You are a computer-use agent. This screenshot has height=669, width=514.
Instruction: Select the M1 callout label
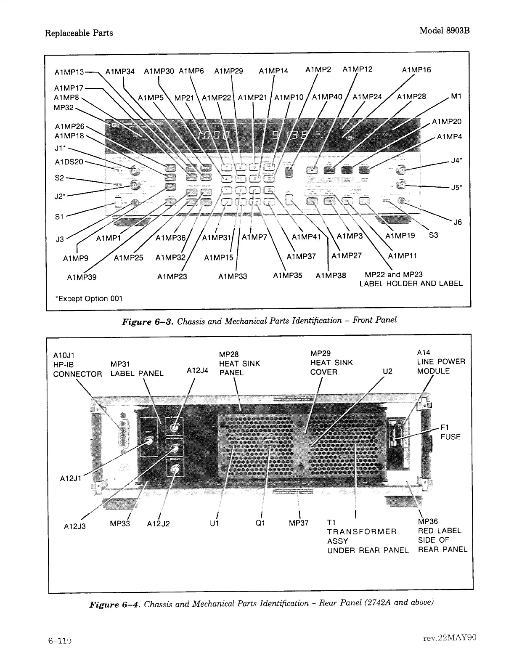coord(456,96)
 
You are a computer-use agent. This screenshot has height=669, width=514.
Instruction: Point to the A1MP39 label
coord(82,277)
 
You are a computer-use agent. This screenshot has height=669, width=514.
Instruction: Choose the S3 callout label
coord(433,235)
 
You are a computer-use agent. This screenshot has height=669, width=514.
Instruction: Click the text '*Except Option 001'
coord(88,299)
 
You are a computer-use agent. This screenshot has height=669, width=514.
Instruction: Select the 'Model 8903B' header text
coord(444,31)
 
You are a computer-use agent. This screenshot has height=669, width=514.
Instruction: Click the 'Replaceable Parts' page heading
coord(79,33)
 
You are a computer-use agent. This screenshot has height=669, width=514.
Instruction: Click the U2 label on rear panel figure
coord(387,372)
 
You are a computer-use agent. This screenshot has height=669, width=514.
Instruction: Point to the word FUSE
coord(450,437)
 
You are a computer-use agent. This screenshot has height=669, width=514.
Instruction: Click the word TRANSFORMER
coord(362,532)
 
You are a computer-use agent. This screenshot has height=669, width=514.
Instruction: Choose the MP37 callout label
coord(299,523)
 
